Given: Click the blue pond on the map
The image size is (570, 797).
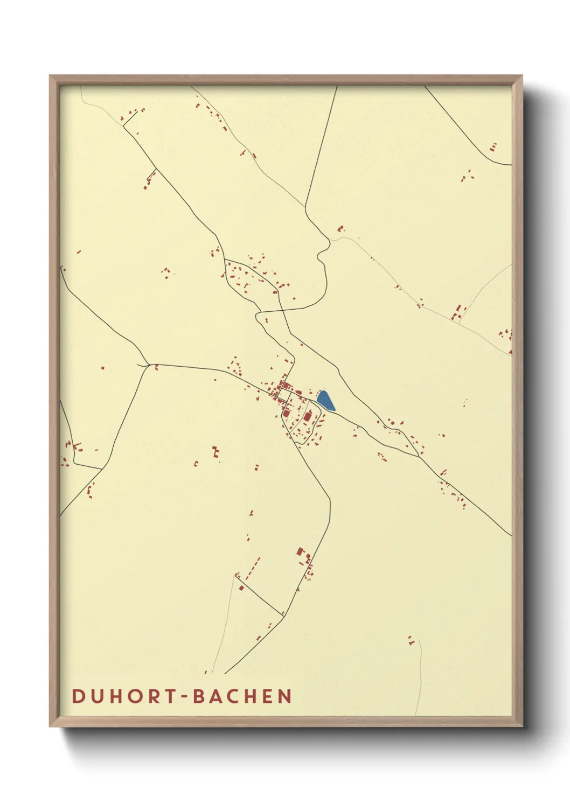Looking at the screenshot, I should [325, 401].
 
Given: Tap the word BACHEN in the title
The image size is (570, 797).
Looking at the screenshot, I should [242, 696].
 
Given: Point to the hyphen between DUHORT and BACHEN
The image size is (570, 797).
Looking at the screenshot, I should [184, 697].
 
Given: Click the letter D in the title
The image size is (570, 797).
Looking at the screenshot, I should [79, 696].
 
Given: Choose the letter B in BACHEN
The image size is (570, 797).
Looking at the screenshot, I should [198, 696].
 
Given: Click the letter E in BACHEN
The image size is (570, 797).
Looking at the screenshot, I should [268, 696].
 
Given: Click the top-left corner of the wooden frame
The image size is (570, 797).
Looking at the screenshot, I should [51, 76].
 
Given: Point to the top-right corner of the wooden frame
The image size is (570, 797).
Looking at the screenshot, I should [522, 76].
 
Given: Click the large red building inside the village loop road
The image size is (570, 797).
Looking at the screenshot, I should [308, 416].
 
